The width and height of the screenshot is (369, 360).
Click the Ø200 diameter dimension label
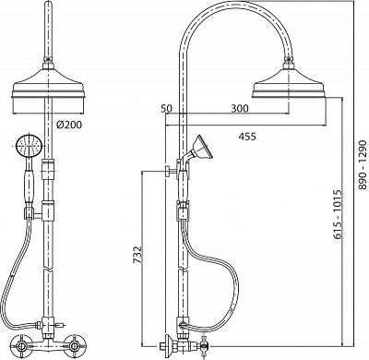[x=69, y=125]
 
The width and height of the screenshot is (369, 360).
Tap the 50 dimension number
[x=167, y=109]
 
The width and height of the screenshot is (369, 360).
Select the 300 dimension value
[x=240, y=109]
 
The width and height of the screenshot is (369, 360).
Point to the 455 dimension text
[x=247, y=137]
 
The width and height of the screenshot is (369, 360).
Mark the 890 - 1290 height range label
[x=363, y=165]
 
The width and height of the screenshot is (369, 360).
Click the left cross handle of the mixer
[x=21, y=347]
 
